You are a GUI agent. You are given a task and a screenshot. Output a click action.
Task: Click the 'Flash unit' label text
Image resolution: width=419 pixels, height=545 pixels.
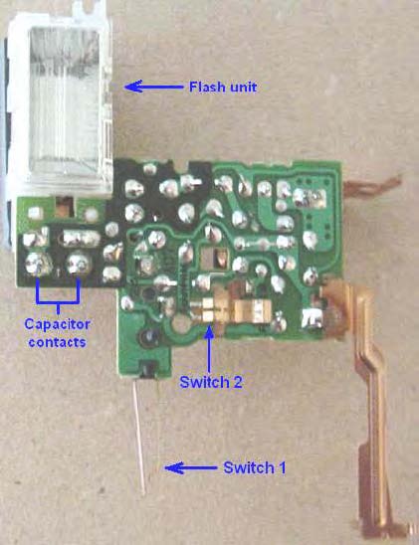click(223, 87)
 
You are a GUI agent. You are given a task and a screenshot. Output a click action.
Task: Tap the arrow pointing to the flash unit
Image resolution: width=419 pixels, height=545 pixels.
click(153, 87)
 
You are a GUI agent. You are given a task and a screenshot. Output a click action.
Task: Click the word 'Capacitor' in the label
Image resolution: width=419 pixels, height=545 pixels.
click(57, 324)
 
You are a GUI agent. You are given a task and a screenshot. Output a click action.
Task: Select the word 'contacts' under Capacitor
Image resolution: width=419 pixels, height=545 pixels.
click(57, 342)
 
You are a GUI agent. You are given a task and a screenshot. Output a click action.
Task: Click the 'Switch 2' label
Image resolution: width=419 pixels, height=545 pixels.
click(211, 382)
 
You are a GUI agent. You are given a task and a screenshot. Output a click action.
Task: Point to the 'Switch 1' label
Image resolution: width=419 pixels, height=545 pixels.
click(254, 467)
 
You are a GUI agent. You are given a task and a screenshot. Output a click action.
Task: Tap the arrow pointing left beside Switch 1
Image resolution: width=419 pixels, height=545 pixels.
click(190, 467)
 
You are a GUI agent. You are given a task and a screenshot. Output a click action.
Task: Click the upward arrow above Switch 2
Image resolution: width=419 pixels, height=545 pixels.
click(209, 349)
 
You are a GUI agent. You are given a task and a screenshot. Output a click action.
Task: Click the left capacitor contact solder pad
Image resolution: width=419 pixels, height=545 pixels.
click(37, 264)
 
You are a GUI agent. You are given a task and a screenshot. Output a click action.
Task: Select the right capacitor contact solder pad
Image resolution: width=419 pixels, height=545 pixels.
click(79, 264)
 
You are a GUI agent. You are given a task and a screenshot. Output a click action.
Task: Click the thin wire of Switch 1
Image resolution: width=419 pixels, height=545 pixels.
click(138, 437)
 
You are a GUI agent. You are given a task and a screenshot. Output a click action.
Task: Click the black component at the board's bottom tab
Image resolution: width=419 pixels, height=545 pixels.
click(149, 369)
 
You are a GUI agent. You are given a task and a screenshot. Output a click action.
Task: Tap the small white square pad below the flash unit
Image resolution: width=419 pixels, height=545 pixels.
click(34, 213)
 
